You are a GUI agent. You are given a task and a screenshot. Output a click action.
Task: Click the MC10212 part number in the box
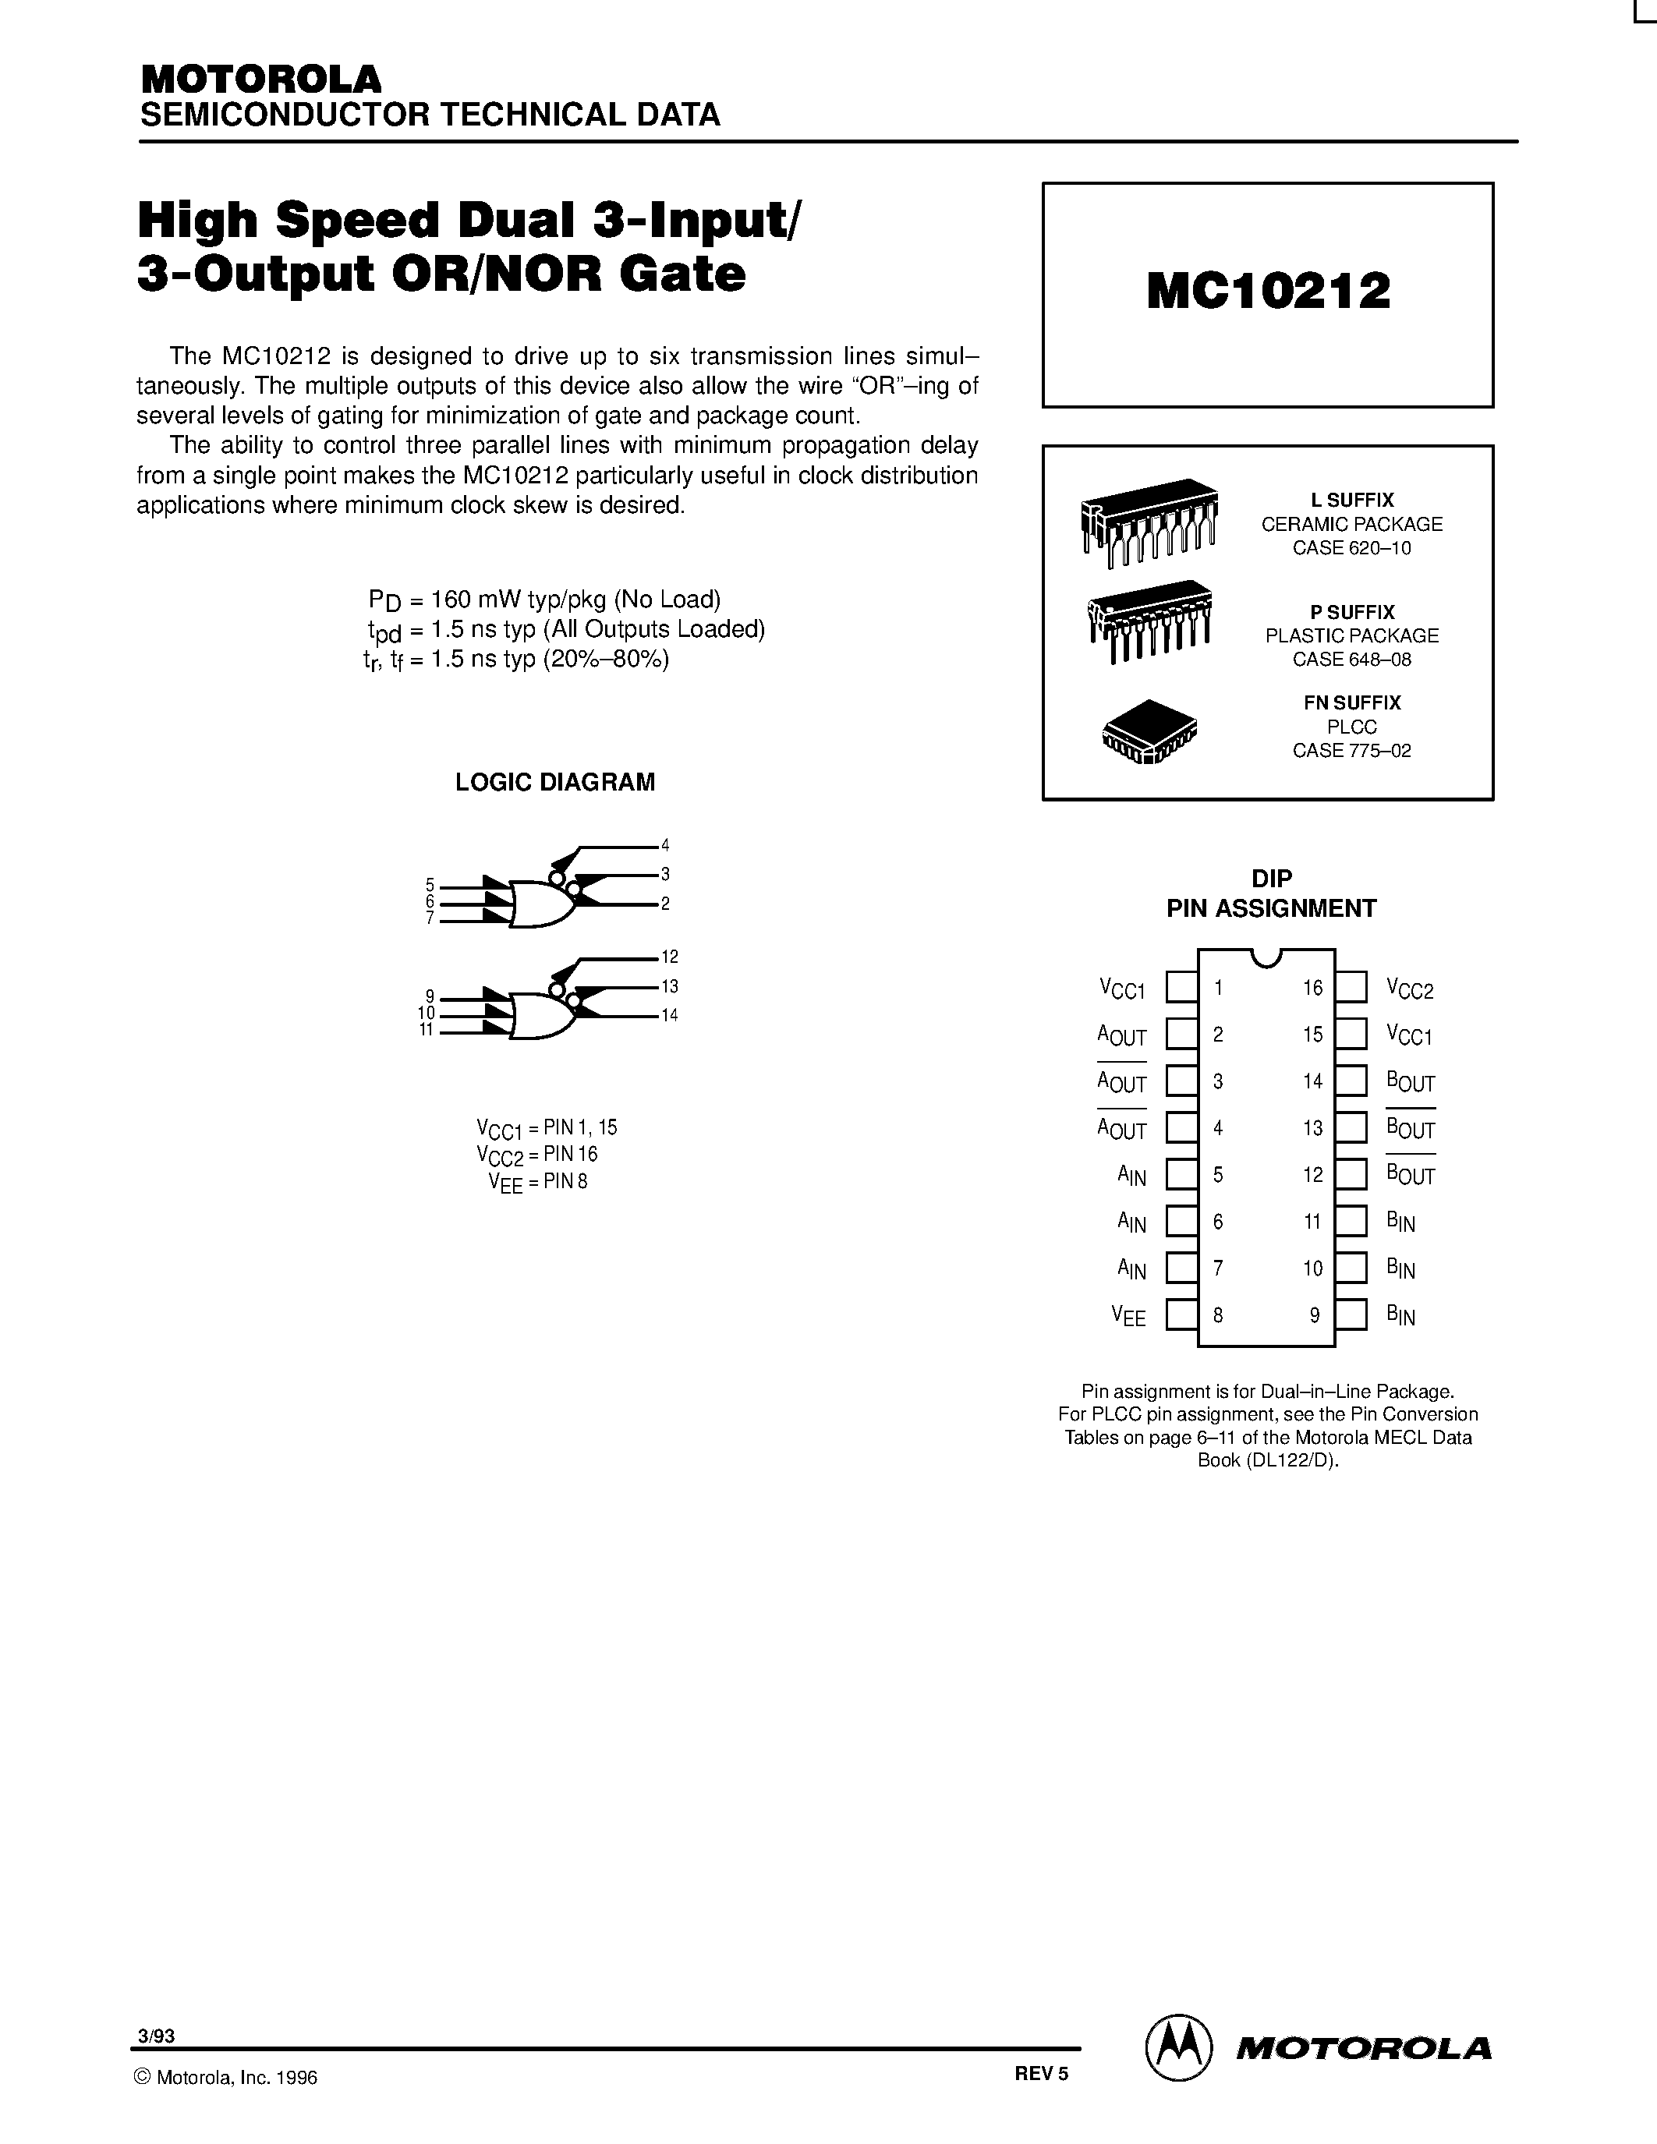point(1268,292)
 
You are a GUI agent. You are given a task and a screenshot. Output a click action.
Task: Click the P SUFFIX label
point(1351,611)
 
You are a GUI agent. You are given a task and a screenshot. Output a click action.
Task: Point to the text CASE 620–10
point(1351,548)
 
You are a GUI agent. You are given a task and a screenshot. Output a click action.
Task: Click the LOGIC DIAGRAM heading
point(554,783)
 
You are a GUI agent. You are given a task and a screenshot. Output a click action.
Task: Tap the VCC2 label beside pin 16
point(1410,989)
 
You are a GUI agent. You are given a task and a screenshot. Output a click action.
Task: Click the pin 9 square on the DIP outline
point(1351,1315)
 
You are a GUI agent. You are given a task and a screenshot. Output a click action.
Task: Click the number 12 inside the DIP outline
point(1312,1175)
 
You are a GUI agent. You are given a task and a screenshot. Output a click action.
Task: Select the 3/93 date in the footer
point(157,2036)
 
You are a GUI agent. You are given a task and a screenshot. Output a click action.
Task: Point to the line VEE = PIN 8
point(537,1182)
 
